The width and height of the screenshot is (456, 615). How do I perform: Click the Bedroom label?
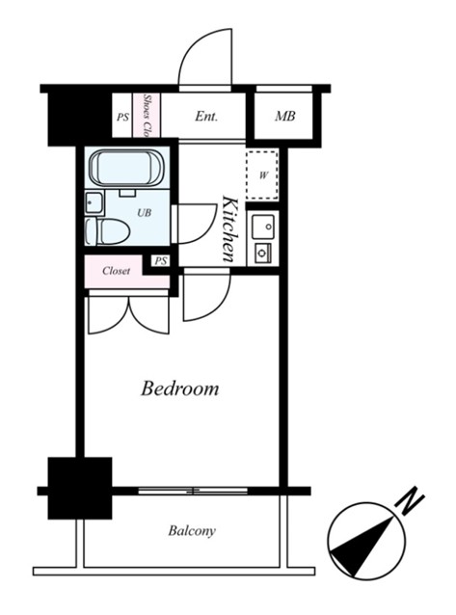tap(179, 388)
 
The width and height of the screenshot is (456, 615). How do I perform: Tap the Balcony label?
tap(192, 531)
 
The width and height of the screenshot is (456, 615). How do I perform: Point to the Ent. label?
tap(206, 116)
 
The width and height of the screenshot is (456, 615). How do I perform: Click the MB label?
tap(285, 116)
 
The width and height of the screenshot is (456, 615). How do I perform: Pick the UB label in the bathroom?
tap(144, 213)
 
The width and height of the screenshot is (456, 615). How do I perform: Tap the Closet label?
tap(116, 271)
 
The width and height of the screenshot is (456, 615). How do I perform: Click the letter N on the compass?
tap(411, 501)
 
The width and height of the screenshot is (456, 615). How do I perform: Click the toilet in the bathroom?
tap(108, 231)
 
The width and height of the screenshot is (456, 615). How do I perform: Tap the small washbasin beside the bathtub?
tap(94, 202)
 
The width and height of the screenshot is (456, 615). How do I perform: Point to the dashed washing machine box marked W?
tap(262, 174)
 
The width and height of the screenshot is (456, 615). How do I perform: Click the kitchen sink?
tap(263, 227)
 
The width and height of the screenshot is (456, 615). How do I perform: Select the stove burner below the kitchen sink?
tap(262, 253)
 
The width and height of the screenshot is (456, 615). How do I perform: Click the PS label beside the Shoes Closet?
tap(122, 118)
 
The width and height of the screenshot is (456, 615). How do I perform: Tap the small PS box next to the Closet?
tap(160, 261)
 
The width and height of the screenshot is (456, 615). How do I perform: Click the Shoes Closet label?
tap(148, 116)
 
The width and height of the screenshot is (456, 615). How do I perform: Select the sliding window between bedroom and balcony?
tap(193, 491)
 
